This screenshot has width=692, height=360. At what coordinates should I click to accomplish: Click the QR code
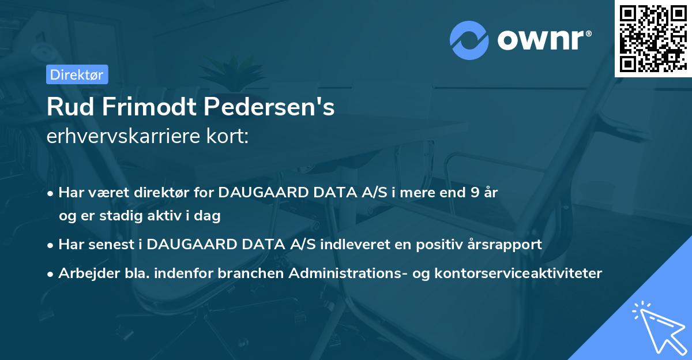point(653,39)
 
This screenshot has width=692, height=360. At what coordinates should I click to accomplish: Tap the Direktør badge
point(77,74)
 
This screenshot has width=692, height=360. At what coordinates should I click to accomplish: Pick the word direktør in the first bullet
point(157,193)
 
